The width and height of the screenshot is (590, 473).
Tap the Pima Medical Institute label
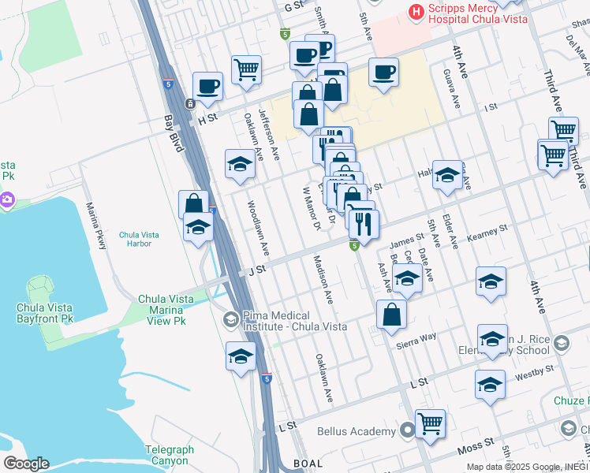[x=294, y=320]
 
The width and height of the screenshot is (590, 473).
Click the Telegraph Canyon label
[x=169, y=456]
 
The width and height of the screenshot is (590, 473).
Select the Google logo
[x=25, y=463]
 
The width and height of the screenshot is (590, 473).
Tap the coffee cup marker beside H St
[x=208, y=86]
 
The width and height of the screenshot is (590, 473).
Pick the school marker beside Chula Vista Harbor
[x=198, y=228]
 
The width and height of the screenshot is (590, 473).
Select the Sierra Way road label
[x=417, y=337]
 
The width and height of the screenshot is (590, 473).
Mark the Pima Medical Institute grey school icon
[x=230, y=319]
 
